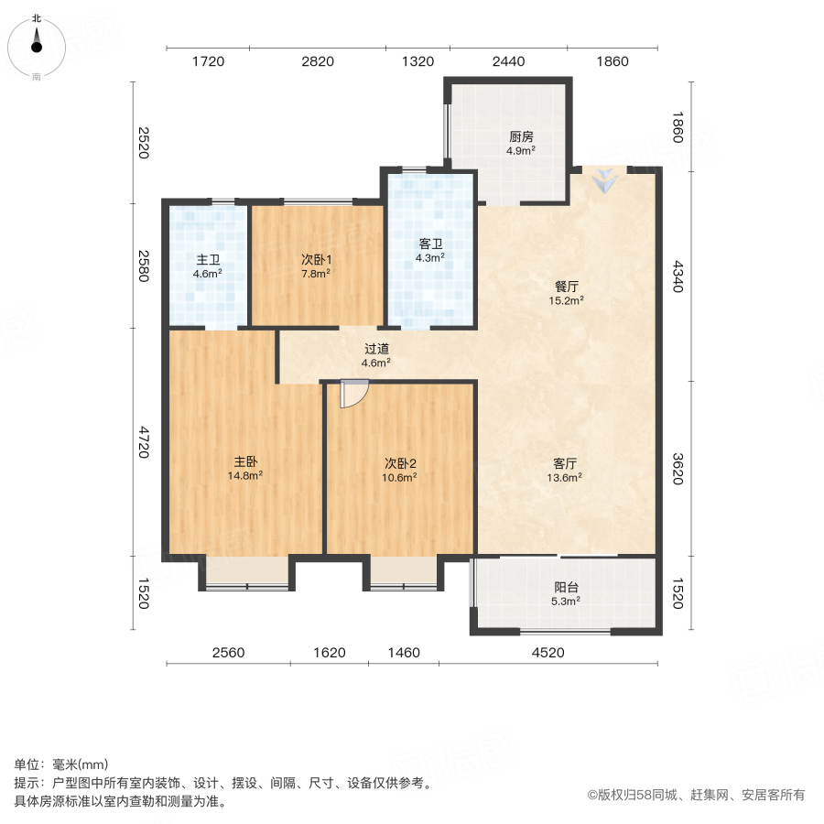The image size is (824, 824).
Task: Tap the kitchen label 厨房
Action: (522, 138)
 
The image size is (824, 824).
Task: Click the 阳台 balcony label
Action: (566, 588)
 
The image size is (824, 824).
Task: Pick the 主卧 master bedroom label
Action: (245, 461)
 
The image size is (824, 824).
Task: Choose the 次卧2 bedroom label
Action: (401, 462)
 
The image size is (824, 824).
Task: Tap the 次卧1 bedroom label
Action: (317, 259)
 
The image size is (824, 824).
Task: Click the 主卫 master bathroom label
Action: (207, 259)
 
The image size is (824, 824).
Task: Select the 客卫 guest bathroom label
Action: (430, 244)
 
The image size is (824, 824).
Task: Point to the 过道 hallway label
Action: (376, 348)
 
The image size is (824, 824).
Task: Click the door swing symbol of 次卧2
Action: (352, 394)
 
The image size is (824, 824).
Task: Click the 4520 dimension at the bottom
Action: (548, 653)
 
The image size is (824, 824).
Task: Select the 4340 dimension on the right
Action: (678, 276)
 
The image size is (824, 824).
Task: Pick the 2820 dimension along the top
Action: (318, 61)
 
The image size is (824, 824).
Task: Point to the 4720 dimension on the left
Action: (143, 442)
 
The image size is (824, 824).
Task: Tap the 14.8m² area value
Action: (245, 476)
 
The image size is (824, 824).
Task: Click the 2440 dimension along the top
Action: (508, 61)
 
